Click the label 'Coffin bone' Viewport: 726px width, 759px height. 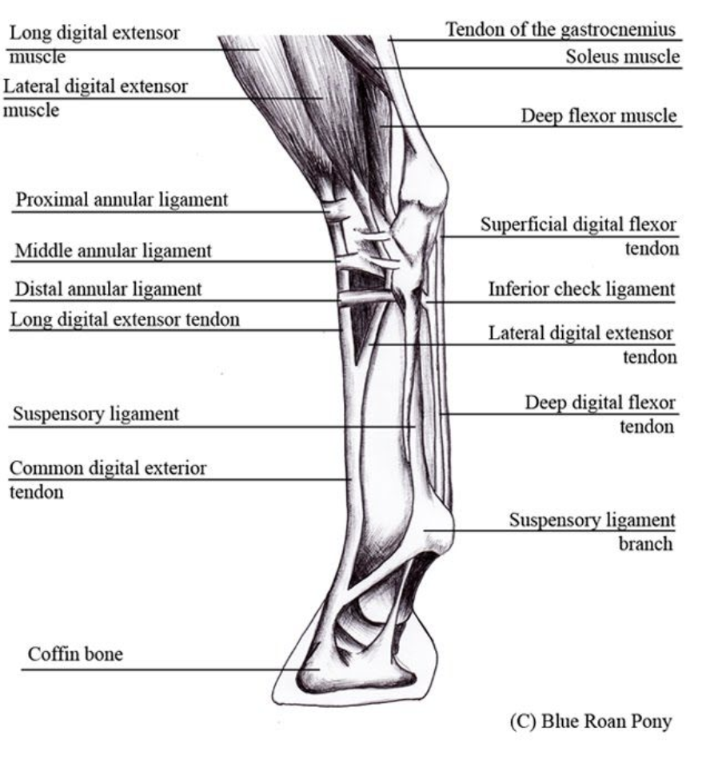coord(75,655)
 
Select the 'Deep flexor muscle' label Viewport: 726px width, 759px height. coord(598,116)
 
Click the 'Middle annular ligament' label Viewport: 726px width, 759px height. coord(113,251)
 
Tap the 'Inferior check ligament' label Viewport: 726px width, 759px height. coord(581,289)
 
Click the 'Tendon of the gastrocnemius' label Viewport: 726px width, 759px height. coord(561,30)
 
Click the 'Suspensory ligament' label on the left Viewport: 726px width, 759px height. coord(95,415)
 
